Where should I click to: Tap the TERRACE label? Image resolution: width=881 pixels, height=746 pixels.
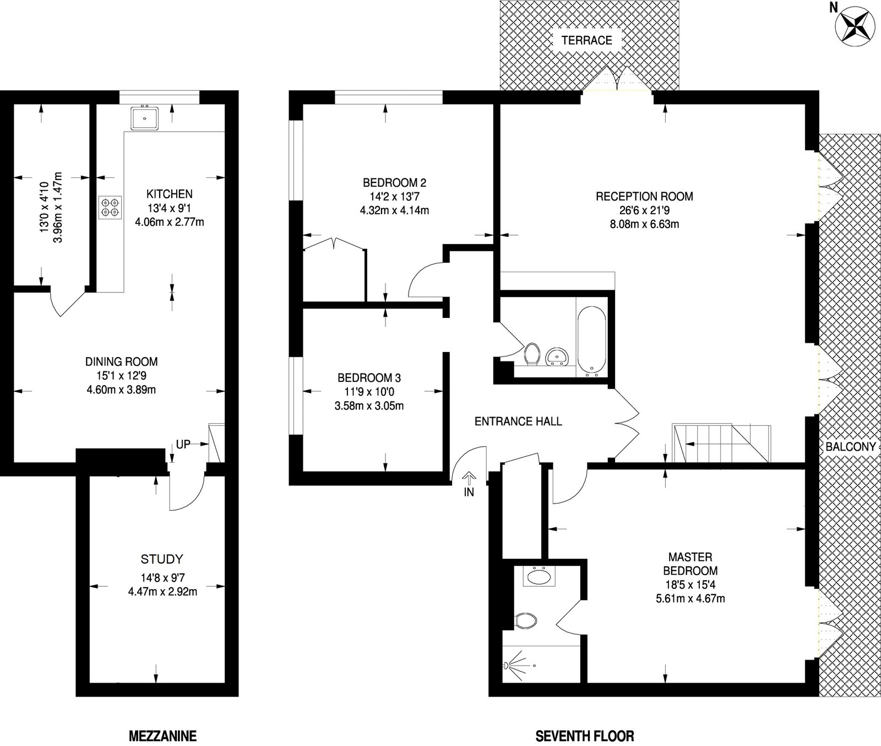(586, 40)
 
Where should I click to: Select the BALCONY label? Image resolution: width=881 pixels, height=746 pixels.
(850, 447)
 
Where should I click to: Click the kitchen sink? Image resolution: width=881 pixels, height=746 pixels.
(145, 118)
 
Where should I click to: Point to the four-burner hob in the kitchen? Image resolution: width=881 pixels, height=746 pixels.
(109, 207)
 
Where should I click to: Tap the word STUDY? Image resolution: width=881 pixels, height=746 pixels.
(161, 560)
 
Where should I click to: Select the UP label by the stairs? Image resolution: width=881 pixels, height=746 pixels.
(183, 444)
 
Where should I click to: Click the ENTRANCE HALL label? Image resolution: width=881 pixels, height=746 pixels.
(518, 421)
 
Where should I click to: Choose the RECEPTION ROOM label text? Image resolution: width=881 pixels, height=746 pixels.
(644, 197)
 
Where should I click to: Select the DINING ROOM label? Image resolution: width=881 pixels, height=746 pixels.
(121, 362)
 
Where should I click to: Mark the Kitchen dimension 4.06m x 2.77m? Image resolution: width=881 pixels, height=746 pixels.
(169, 223)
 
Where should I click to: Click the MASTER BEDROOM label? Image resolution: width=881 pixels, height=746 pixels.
(690, 564)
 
